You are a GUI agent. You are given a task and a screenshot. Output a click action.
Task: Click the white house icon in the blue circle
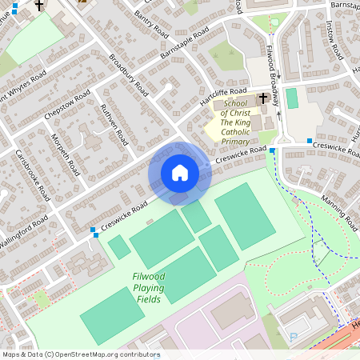click(179, 173)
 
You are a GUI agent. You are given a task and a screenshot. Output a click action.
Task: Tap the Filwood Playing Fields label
click(149, 288)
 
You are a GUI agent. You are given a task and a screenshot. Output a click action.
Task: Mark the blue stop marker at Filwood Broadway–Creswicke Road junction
click(273, 150)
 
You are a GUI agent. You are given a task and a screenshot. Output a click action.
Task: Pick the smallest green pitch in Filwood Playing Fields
click(119, 246)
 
